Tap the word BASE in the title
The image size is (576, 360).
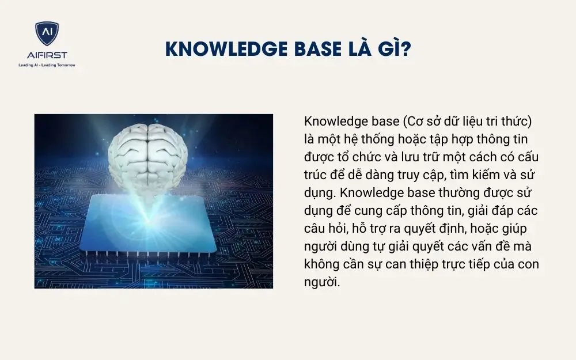(312, 50)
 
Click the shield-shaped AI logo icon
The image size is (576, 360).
(47, 33)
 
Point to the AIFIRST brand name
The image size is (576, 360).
(47, 55)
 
